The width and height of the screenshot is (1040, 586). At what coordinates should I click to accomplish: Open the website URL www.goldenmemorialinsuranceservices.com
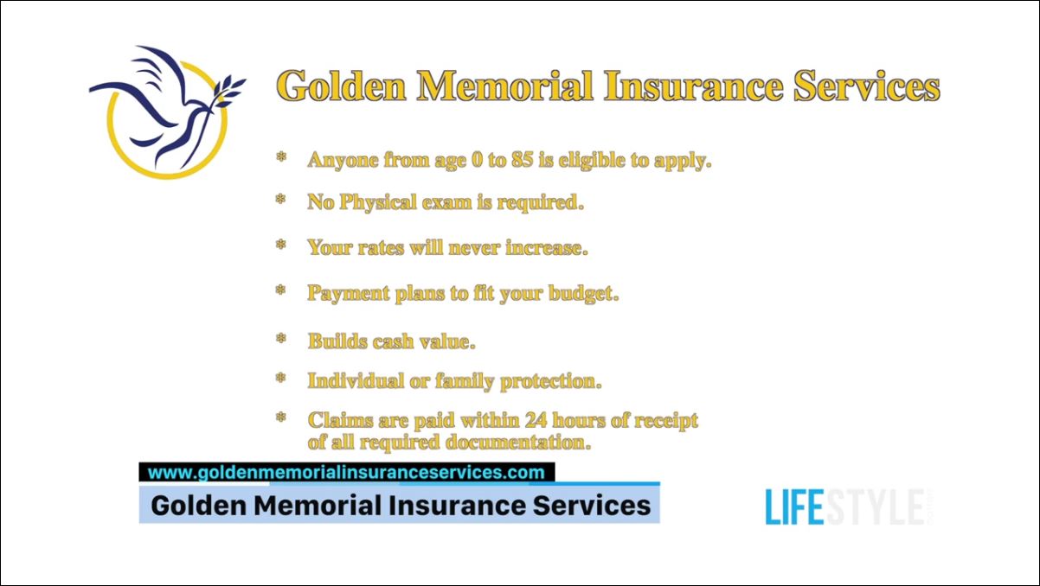point(346,473)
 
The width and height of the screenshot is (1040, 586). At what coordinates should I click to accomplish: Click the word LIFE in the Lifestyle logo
point(793,507)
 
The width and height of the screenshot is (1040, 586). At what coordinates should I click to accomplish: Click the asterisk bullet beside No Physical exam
point(280,201)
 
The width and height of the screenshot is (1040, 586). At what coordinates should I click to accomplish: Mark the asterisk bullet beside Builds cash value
point(280,339)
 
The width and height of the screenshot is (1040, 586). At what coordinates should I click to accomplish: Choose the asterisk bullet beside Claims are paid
point(280,418)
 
